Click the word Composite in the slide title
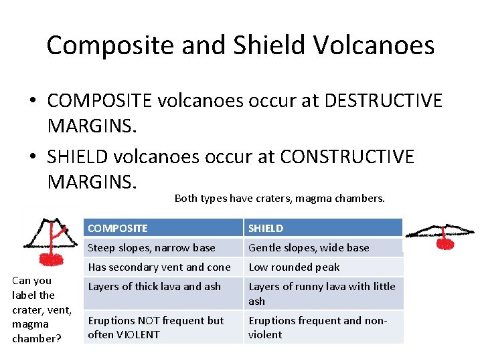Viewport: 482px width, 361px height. (108, 45)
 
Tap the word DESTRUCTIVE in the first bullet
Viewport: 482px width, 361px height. (383, 101)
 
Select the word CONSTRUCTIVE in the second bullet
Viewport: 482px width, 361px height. (347, 157)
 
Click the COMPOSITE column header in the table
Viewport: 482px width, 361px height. (118, 228)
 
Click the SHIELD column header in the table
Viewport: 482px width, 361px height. (266, 228)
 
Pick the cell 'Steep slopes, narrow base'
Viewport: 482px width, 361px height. (151, 247)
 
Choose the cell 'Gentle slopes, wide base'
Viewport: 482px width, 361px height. (309, 247)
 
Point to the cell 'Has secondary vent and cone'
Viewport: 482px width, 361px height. (159, 267)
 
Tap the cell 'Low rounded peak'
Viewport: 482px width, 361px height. (294, 267)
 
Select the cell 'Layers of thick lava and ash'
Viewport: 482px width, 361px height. (154, 286)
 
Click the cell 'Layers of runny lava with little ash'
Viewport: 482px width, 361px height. (321, 293)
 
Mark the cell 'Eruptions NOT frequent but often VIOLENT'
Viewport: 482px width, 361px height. (155, 328)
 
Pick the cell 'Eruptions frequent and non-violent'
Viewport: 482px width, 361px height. (317, 328)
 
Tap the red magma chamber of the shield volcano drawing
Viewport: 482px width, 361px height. (445, 244)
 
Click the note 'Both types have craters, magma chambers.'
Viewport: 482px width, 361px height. (280, 198)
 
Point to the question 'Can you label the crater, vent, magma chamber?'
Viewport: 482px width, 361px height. (37, 310)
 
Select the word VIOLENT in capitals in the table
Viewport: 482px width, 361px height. (137, 334)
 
